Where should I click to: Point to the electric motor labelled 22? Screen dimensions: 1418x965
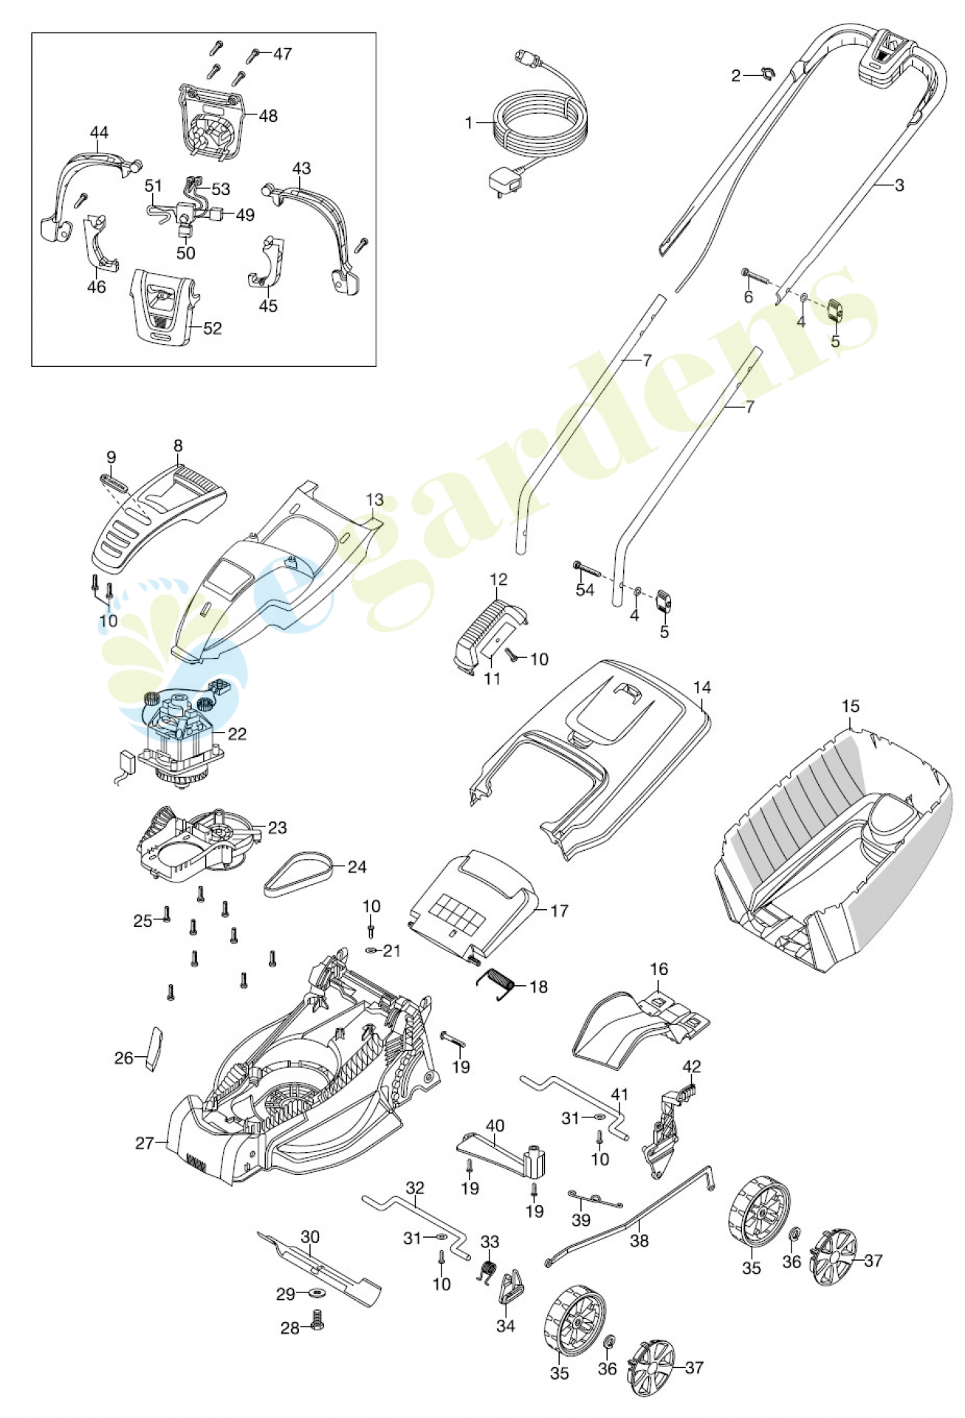[x=181, y=739]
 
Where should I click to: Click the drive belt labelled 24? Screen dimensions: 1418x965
[x=298, y=873]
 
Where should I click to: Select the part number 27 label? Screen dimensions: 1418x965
[x=144, y=1144]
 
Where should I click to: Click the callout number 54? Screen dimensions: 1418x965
[x=585, y=590]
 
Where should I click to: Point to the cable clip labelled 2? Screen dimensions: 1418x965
[x=766, y=73]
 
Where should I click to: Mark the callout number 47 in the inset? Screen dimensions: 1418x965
[x=282, y=54]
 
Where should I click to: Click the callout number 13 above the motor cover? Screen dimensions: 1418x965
[x=374, y=501]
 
